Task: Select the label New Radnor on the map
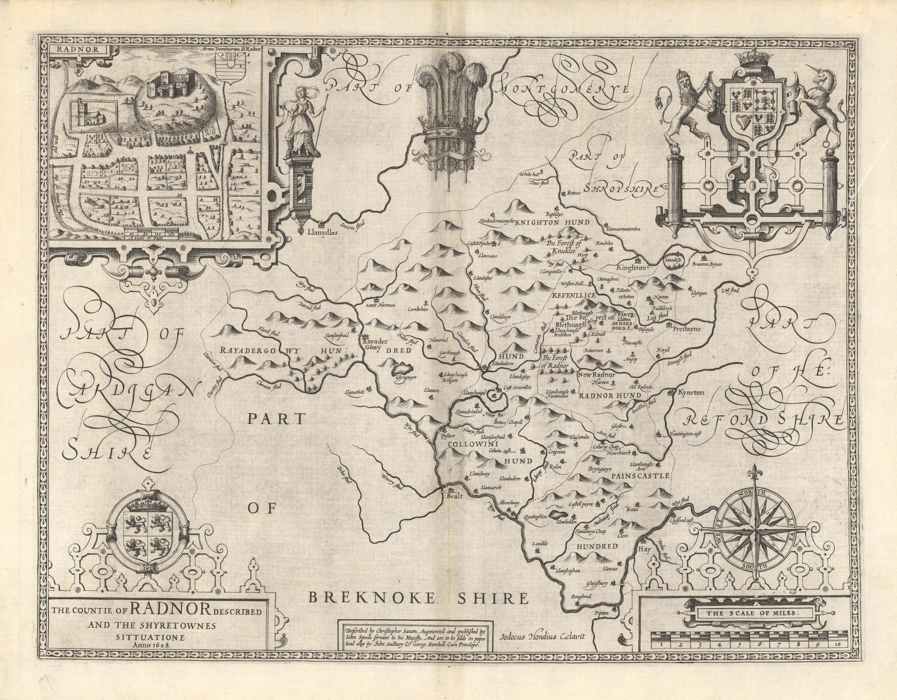coord(597,375)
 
